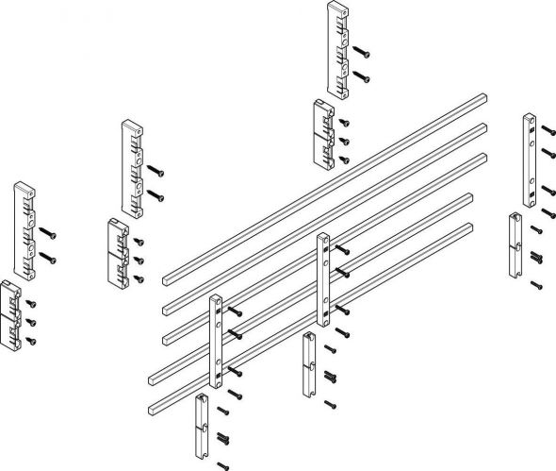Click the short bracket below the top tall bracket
click(x=323, y=135)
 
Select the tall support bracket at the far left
click(x=23, y=227)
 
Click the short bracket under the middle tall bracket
click(x=118, y=252)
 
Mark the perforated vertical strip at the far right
click(x=529, y=160)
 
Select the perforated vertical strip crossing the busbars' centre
click(x=323, y=279)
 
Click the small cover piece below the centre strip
click(x=310, y=363)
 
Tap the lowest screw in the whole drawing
click(x=222, y=463)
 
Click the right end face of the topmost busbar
click(x=487, y=95)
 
